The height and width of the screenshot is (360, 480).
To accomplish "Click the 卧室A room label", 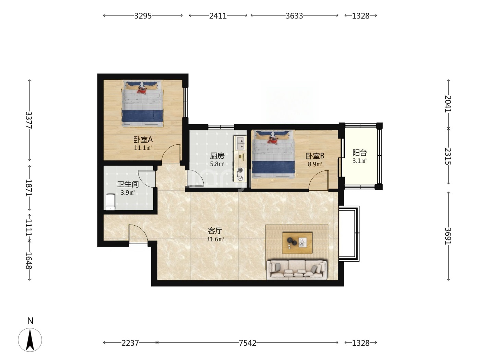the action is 143,140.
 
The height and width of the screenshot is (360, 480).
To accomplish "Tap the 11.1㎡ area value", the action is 143,148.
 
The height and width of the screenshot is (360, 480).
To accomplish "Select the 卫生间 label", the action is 128,184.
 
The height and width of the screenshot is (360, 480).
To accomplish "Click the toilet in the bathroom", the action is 110,202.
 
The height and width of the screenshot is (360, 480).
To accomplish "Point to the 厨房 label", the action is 217,156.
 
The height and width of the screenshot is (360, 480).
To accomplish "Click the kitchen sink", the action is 240,143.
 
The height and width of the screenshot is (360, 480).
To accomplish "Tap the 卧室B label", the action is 315,156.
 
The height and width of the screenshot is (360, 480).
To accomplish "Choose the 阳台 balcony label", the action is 360,153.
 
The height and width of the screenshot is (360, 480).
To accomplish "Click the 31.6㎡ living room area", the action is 215,239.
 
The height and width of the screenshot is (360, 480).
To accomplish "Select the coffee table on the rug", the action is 297,243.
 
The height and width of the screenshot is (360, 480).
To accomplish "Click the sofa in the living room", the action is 297,269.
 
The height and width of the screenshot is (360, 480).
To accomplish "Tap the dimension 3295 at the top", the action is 143,16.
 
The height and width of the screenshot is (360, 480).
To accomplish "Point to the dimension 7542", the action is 247,343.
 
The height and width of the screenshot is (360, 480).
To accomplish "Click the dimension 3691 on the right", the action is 448,236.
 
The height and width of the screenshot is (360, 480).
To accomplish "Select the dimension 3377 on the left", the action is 29,120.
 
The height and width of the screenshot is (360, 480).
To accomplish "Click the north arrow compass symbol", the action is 30,340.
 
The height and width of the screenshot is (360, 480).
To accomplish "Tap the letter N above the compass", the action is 31,321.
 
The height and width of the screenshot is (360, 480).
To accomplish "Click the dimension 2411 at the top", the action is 218,16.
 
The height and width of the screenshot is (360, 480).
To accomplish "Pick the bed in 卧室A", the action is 143,104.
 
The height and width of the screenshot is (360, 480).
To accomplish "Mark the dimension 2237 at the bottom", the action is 130,343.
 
